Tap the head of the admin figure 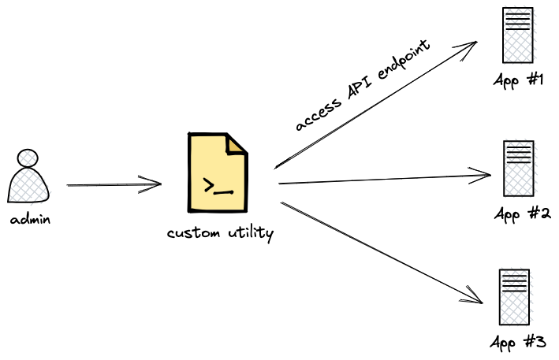click(x=29, y=157)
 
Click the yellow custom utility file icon click(x=217, y=173)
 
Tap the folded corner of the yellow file click(x=237, y=145)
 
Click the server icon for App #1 click(x=517, y=35)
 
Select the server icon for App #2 click(x=517, y=168)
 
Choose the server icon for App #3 click(x=514, y=296)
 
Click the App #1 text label click(x=519, y=80)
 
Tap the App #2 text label click(x=521, y=213)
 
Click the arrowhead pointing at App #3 click(x=476, y=297)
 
